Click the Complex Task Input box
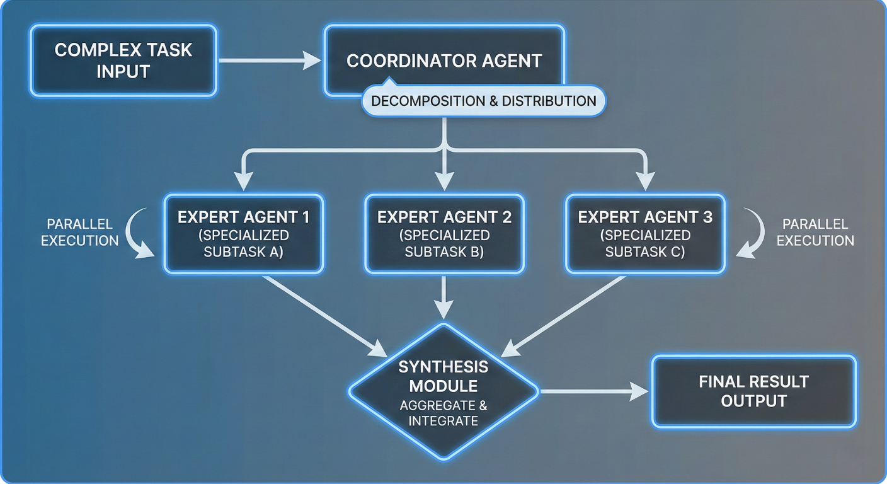(x=123, y=60)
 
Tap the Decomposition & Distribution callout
(x=483, y=101)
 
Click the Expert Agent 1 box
(x=243, y=234)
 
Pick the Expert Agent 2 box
(x=444, y=234)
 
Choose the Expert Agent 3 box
(x=645, y=234)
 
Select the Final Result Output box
(x=753, y=391)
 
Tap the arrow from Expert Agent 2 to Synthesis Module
(x=444, y=296)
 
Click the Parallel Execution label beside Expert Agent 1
(x=79, y=232)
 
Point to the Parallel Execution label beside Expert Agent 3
(x=815, y=232)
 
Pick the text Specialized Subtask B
(x=444, y=243)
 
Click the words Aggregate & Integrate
(x=443, y=412)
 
